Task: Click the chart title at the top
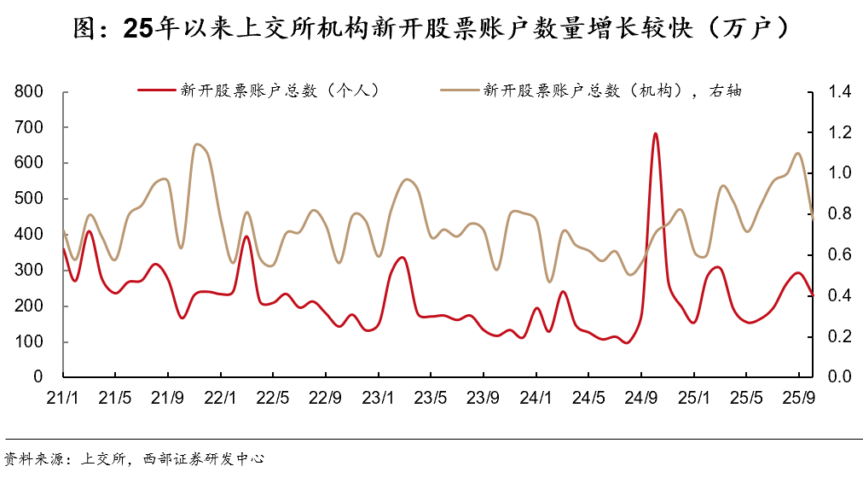[431, 28]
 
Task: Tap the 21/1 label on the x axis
[63, 397]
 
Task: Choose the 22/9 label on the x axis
[325, 397]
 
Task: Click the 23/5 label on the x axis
[431, 397]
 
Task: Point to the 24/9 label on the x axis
[640, 397]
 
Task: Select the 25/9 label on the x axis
[798, 397]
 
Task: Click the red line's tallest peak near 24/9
[655, 133]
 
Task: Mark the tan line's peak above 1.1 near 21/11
[197, 144]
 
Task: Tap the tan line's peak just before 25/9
[797, 154]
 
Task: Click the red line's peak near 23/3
[403, 257]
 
